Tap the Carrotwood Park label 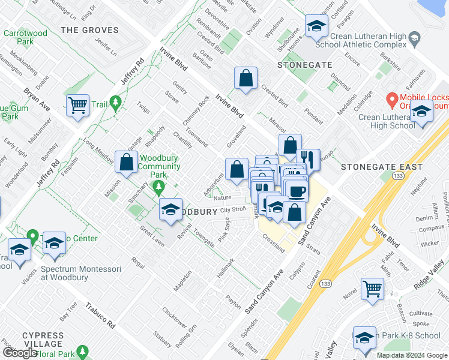click(19, 38)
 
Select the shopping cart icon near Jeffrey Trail click(78, 106)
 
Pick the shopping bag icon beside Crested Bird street click(246, 78)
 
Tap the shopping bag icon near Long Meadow click(127, 161)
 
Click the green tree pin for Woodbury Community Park click(158, 188)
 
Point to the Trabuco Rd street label click(99, 314)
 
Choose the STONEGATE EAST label click(381, 167)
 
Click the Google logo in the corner click(20, 353)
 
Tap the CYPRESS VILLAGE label click(43, 340)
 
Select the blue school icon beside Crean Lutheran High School click(421, 112)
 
